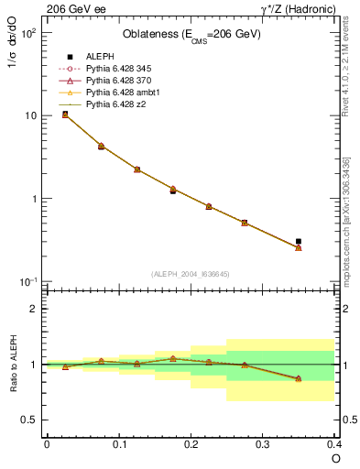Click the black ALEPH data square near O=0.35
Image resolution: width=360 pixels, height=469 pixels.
tap(299, 241)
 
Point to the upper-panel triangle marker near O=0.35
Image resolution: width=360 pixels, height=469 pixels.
tap(299, 248)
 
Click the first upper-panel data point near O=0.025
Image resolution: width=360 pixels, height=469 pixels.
tap(65, 115)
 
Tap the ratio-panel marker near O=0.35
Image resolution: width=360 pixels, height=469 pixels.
tap(299, 378)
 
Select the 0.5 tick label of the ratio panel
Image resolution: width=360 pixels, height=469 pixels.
tap(29, 420)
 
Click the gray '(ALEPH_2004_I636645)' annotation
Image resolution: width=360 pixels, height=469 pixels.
tap(191, 274)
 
